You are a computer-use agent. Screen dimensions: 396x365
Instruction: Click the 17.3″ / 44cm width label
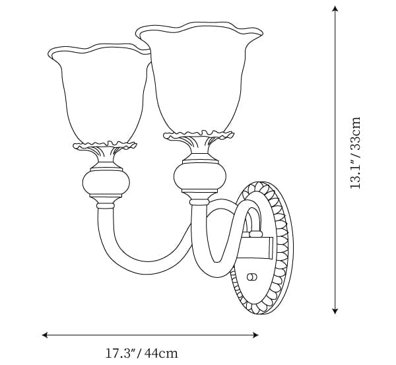(x=141, y=353)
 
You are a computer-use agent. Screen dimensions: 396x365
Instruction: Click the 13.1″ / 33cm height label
(x=355, y=153)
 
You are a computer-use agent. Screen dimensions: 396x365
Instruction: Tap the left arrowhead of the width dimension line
(x=45, y=335)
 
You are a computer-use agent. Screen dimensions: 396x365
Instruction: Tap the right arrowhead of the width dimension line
(x=255, y=335)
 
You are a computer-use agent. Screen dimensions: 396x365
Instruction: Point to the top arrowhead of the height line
(x=335, y=9)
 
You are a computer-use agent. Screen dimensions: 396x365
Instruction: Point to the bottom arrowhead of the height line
(x=335, y=311)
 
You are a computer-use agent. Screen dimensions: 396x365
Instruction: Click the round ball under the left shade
(x=106, y=182)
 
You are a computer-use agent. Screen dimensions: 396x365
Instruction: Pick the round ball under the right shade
(x=200, y=176)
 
